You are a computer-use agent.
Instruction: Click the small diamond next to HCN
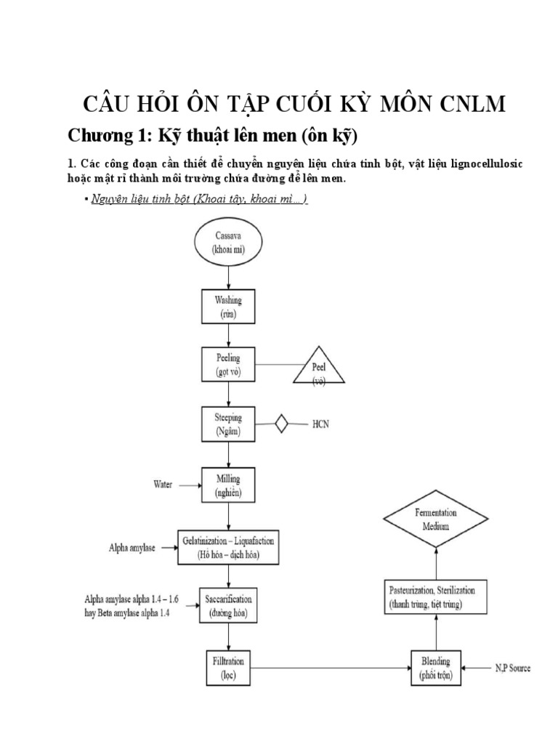coord(280,424)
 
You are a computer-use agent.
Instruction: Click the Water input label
coord(162,485)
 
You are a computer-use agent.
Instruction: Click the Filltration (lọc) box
coord(228,667)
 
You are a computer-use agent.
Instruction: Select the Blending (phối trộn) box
coord(436,667)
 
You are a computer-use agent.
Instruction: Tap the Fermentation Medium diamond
coord(436,519)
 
